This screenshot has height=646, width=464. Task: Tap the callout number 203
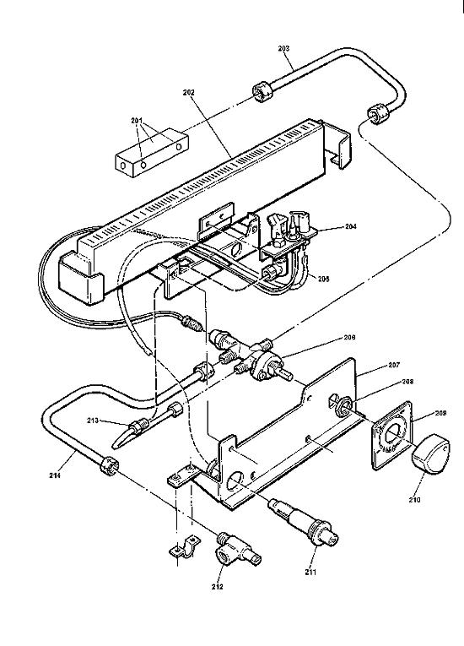[x=284, y=48]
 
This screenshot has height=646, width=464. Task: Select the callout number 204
[x=328, y=225]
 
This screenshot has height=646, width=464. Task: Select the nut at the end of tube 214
[x=107, y=464]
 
